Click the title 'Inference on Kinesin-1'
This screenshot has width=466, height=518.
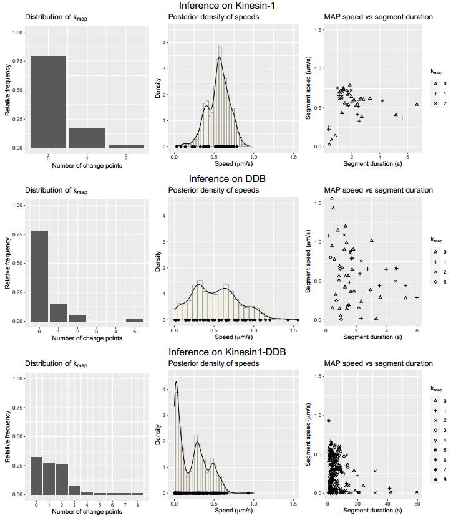[x=233, y=6]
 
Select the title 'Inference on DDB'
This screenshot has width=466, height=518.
[x=233, y=179]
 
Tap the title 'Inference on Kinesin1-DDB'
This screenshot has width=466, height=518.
[x=233, y=352]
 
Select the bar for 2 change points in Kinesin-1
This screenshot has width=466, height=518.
[x=126, y=146]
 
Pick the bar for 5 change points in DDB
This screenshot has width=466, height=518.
[x=134, y=320]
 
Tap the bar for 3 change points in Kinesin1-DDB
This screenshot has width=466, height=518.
[x=74, y=489]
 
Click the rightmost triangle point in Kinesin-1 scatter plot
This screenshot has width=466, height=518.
[x=417, y=104]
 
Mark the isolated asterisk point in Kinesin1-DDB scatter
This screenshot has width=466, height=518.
[x=329, y=420]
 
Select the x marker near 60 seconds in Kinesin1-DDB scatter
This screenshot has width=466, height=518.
[x=417, y=492]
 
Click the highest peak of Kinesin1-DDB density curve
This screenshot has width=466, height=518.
[x=176, y=382]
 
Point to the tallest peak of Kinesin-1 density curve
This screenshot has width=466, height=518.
[x=219, y=58]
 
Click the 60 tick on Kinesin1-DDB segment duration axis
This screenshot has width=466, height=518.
[x=417, y=502]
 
